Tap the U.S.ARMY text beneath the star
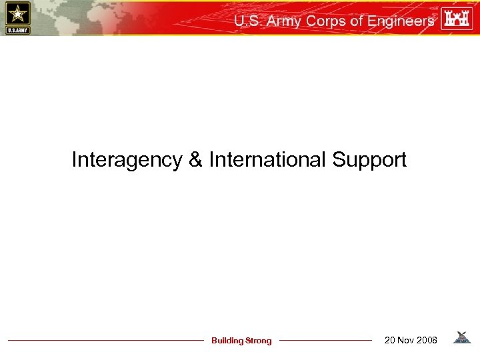(x=18, y=29)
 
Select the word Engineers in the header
(x=401, y=21)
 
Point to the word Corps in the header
(x=328, y=21)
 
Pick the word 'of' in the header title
(x=357, y=21)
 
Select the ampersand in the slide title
(x=195, y=160)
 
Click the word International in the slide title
(x=268, y=160)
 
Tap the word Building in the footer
(x=227, y=341)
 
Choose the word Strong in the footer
(x=259, y=341)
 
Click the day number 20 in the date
(x=391, y=341)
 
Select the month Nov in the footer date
(x=407, y=341)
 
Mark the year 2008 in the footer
(x=427, y=341)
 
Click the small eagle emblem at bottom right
(x=461, y=338)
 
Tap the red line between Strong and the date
(x=325, y=341)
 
